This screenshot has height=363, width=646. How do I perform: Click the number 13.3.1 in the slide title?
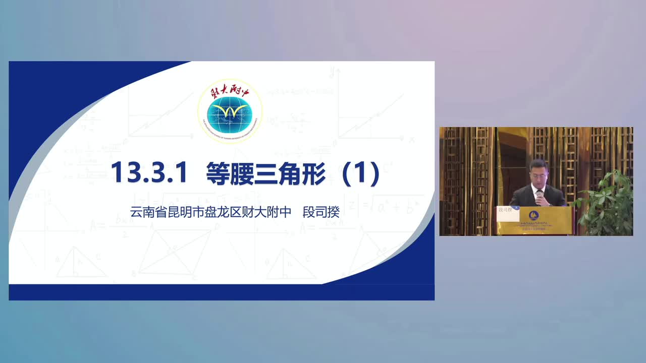click(149, 173)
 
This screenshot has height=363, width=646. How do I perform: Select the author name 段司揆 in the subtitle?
click(321, 212)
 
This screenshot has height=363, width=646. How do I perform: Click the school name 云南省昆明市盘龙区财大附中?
click(210, 212)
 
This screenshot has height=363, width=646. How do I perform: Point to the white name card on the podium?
click(507, 213)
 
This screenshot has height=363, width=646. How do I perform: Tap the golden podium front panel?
click(546, 221)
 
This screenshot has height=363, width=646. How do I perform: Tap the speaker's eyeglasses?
click(538, 170)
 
